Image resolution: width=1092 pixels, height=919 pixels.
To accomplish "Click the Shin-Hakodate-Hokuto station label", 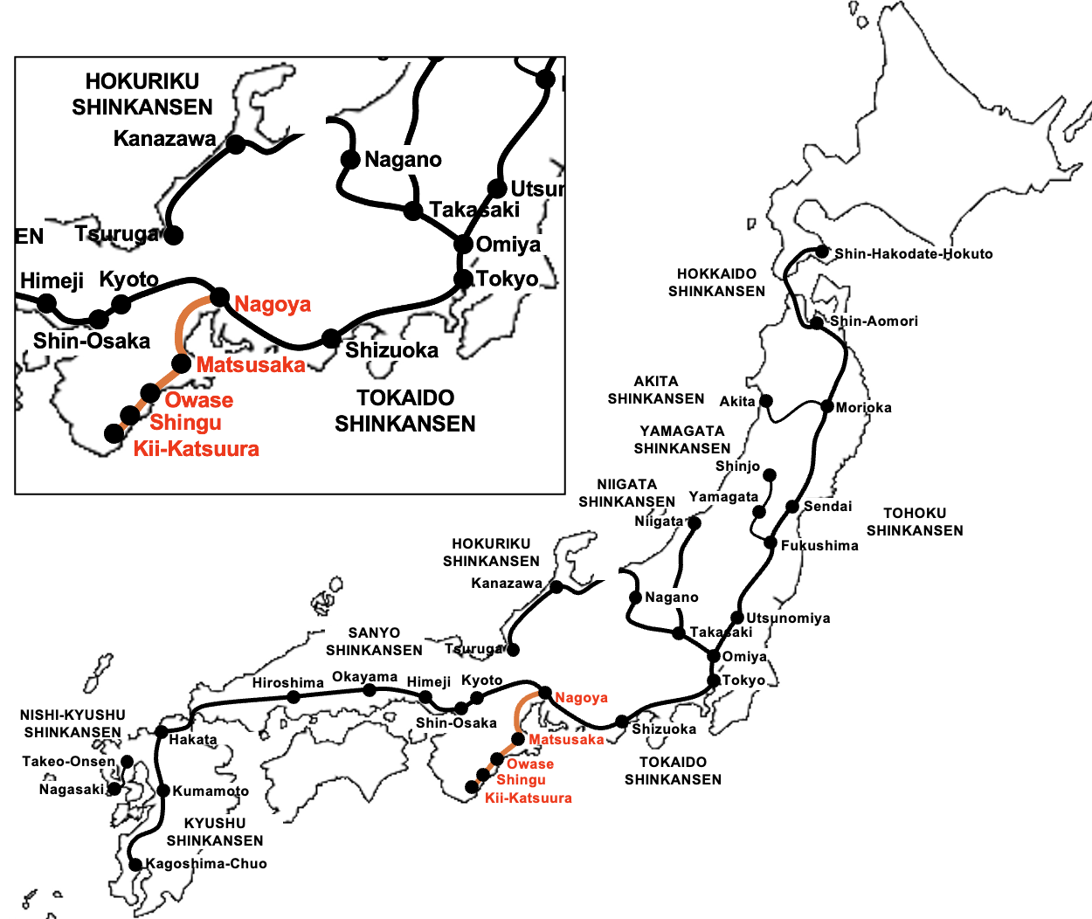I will [x=913, y=254].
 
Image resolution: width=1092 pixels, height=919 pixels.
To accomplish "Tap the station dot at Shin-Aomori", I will [x=816, y=322].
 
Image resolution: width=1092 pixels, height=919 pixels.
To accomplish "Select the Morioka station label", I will [x=863, y=408].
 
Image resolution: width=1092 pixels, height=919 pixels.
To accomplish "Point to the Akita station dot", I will [x=766, y=401].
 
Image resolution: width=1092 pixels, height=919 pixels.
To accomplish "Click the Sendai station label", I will [x=827, y=507].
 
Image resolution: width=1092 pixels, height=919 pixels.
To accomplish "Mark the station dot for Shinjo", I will [x=770, y=475].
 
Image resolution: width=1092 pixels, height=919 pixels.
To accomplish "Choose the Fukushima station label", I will [x=819, y=546].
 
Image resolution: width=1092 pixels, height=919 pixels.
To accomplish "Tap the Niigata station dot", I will [x=695, y=523].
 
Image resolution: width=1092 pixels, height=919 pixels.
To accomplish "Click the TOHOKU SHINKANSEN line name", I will [x=915, y=522].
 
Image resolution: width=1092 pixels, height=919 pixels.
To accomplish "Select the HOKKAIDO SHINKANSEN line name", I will [x=716, y=282].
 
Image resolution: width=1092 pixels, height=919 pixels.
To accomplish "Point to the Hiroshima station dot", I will [x=294, y=697].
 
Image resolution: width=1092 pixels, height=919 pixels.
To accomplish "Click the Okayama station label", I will [x=364, y=677].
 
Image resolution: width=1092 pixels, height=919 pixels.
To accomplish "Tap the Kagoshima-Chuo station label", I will [x=206, y=864].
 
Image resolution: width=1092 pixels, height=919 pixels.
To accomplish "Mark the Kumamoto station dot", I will [x=163, y=791].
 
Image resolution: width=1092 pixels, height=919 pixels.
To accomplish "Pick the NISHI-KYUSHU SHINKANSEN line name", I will [x=73, y=723].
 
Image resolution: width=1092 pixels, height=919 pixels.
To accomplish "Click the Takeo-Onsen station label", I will [x=68, y=762].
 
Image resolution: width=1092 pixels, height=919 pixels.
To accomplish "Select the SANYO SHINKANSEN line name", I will [x=374, y=641].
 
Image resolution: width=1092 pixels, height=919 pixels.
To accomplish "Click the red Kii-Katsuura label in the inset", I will [x=197, y=449].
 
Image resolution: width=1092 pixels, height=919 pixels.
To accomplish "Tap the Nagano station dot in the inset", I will [x=350, y=159].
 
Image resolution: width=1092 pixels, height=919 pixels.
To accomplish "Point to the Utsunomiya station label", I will [x=788, y=618].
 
